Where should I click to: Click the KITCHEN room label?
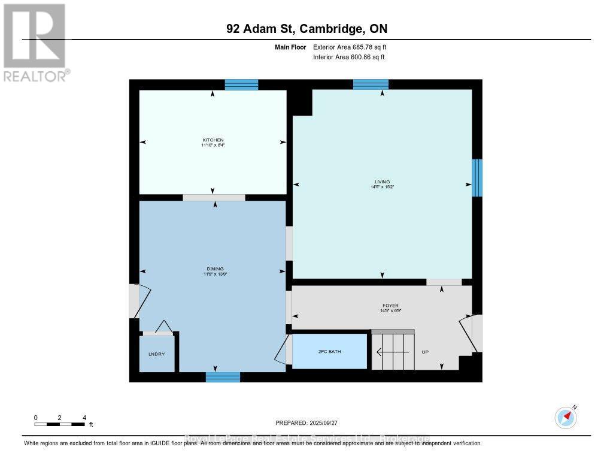[213, 140]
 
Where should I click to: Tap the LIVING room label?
[382, 182]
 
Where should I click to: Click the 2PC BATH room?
[329, 351]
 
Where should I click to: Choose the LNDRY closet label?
[156, 354]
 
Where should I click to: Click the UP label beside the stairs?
[425, 352]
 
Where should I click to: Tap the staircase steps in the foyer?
[392, 352]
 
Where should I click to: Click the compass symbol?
[566, 416]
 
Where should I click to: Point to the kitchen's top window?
[241, 84]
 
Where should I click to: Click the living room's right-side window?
[477, 177]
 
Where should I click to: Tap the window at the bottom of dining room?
[223, 377]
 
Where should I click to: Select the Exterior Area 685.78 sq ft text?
[353, 47]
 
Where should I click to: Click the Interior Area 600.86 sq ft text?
[348, 57]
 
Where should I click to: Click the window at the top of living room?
[371, 84]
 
